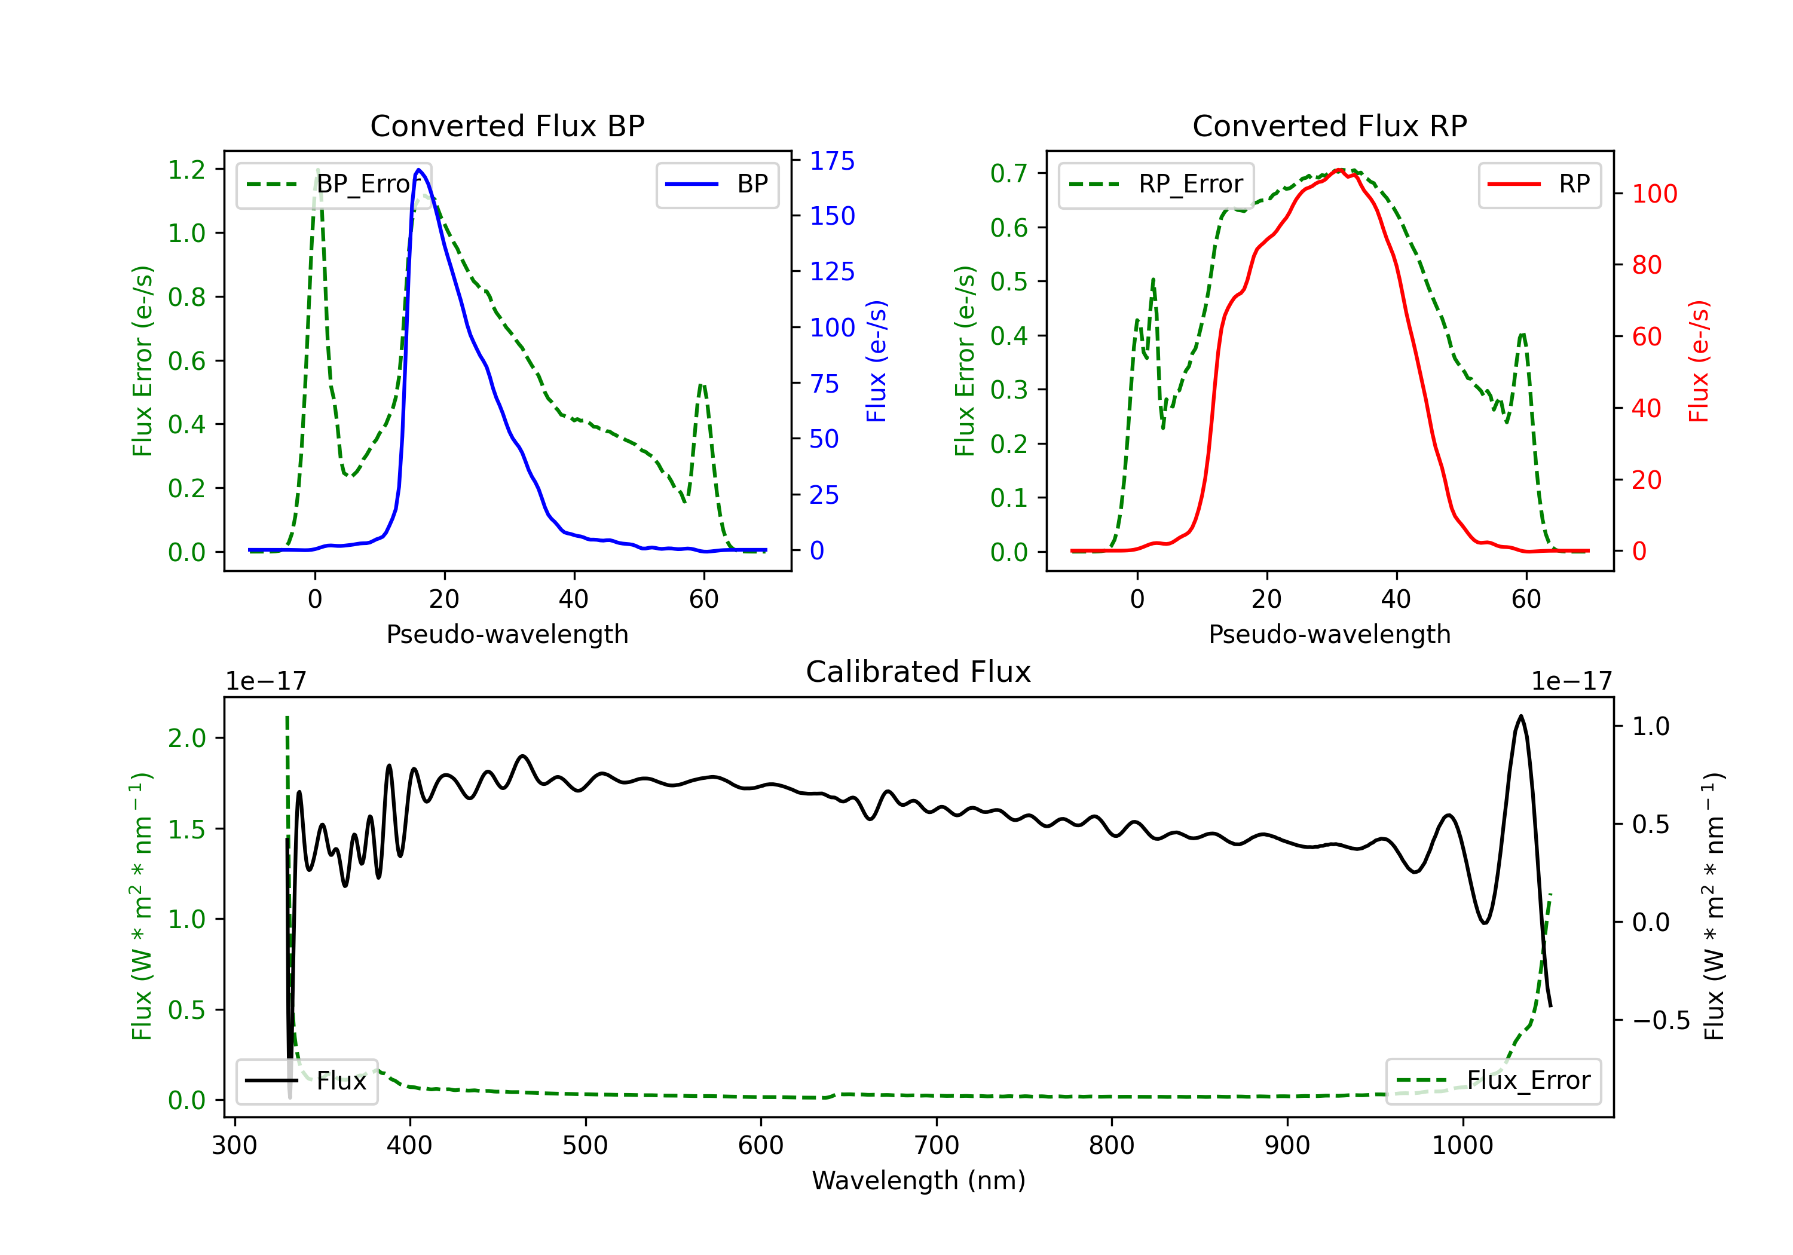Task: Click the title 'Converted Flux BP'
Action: [507, 125]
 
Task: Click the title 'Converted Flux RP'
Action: [1329, 125]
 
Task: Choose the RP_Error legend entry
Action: [1156, 184]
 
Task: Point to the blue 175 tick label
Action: [832, 161]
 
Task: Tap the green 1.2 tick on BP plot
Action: [186, 170]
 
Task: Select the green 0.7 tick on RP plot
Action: [1009, 173]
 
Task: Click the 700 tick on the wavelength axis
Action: [937, 1145]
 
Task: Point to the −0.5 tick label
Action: [1661, 1021]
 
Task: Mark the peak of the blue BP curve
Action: [418, 170]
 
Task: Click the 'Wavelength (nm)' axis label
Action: [919, 1180]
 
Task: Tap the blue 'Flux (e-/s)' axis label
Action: [876, 361]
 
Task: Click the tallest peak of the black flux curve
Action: [1520, 716]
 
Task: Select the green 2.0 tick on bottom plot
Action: [186, 738]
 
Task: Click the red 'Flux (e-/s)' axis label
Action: [1699, 361]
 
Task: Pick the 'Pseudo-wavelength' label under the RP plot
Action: [1329, 634]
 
